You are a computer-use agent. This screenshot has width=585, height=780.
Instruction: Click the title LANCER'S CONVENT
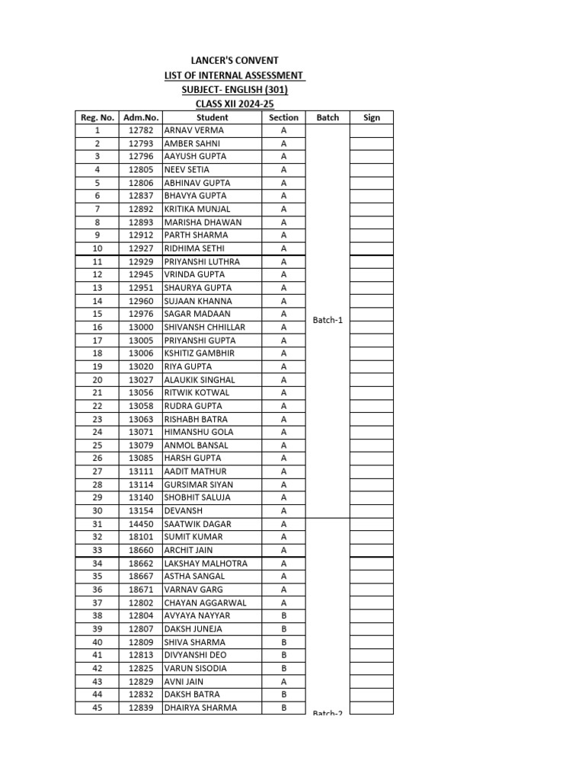tap(234, 60)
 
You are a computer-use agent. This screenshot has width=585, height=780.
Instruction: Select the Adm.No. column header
tap(141, 117)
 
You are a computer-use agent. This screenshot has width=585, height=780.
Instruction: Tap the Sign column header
tap(372, 117)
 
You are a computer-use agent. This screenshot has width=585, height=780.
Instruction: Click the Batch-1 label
tap(328, 320)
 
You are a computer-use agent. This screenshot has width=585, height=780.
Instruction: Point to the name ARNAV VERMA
tap(194, 130)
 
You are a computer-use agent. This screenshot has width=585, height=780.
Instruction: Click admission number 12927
tap(141, 248)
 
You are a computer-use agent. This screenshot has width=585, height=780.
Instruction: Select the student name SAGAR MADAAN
tap(197, 314)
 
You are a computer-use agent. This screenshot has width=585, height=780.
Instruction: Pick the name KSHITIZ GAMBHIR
tap(200, 353)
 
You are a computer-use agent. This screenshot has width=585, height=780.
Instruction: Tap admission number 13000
tap(141, 327)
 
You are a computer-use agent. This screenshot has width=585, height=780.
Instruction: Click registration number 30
tap(97, 510)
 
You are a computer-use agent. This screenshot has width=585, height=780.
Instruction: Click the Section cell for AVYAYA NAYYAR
tap(283, 615)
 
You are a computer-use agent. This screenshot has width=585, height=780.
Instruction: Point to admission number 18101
tap(141, 537)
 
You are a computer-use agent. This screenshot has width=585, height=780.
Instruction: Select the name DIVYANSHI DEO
tap(195, 655)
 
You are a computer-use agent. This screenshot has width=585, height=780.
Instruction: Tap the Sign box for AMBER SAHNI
tap(372, 143)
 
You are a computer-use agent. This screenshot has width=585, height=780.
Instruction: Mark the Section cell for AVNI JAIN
tap(283, 681)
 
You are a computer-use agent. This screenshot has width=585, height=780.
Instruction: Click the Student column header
tap(212, 117)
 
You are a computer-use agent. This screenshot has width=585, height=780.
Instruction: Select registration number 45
tap(97, 708)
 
